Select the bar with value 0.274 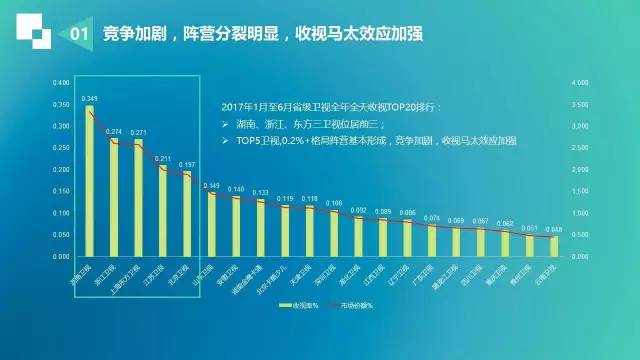(114, 197)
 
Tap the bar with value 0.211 (163, 211)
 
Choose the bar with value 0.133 (260, 228)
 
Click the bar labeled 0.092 (358, 236)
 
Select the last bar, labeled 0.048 (553, 246)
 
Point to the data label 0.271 (138, 132)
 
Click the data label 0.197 (187, 164)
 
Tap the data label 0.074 (431, 218)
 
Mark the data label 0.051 (528, 228)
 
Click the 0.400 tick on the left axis (62, 83)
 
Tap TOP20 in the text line (372, 104)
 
